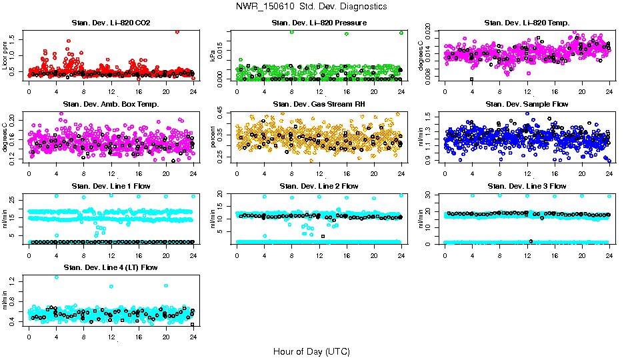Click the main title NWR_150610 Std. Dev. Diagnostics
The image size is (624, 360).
(x=311, y=6)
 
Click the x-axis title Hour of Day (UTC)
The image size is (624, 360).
(x=311, y=351)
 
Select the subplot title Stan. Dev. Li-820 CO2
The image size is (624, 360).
(x=111, y=23)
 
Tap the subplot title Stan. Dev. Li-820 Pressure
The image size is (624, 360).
(x=319, y=23)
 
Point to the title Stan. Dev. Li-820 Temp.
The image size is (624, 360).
(x=527, y=23)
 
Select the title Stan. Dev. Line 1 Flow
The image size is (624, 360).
(x=111, y=186)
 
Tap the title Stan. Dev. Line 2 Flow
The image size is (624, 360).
(x=319, y=186)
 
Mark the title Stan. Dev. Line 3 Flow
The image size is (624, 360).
(x=527, y=186)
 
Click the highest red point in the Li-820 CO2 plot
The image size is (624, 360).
(x=177, y=31)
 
